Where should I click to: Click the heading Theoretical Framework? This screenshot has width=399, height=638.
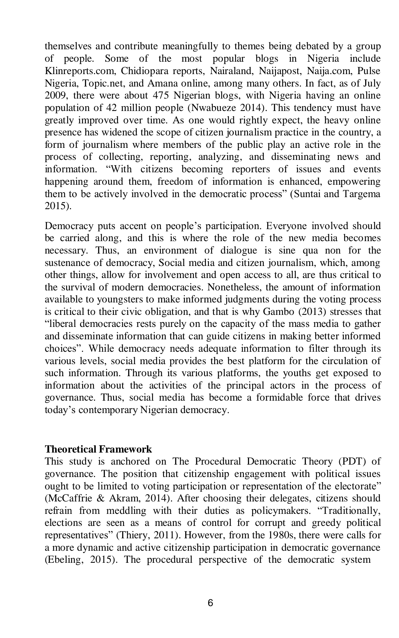[x=98, y=449]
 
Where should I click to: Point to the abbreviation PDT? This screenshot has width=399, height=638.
[x=351, y=462]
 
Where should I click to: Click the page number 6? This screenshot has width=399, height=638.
[x=210, y=603]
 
